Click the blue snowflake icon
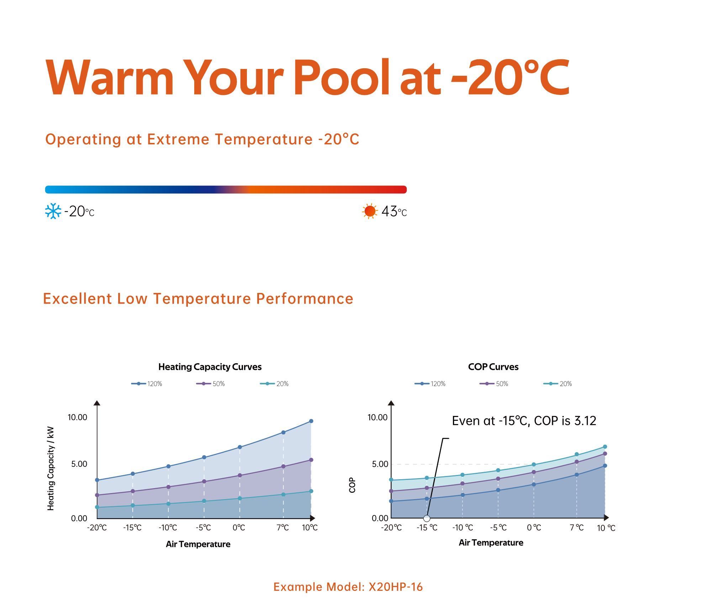pyautogui.click(x=53, y=211)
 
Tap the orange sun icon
pyautogui.click(x=370, y=211)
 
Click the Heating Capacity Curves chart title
pyautogui.click(x=210, y=367)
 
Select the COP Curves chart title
pyautogui.click(x=493, y=367)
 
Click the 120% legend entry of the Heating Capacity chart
pyautogui.click(x=147, y=384)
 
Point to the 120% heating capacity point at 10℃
pyautogui.click(x=311, y=421)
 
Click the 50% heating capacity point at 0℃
pyautogui.click(x=239, y=475)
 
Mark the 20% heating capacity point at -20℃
pyautogui.click(x=97, y=507)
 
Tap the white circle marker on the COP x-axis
pyautogui.click(x=427, y=518)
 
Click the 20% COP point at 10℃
pyautogui.click(x=605, y=447)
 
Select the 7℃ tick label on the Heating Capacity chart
pyautogui.click(x=283, y=528)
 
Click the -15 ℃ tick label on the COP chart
pyautogui.click(x=427, y=528)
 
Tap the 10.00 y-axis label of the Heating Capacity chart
pyautogui.click(x=78, y=417)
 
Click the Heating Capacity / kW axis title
pyautogui.click(x=51, y=469)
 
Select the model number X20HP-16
pyautogui.click(x=396, y=587)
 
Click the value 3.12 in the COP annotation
pyautogui.click(x=585, y=421)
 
